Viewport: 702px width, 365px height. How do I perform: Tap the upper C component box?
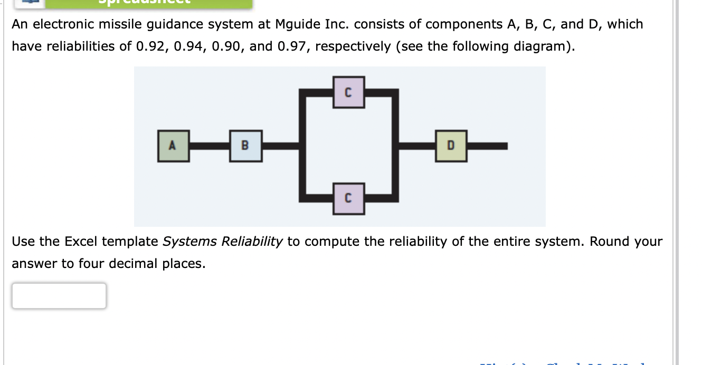point(348,92)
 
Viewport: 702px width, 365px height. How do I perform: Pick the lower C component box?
point(348,198)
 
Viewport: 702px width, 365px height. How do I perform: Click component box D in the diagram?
point(451,146)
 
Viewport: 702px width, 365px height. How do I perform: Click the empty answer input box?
point(59,296)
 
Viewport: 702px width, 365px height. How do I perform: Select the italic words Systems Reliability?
point(223,242)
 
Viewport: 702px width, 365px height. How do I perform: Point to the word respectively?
point(354,46)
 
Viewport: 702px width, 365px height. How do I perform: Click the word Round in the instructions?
point(610,242)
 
